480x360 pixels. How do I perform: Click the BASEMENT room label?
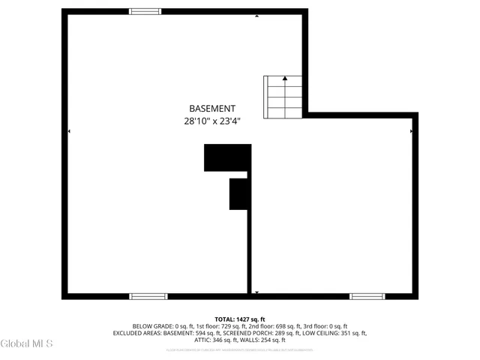(x=212, y=108)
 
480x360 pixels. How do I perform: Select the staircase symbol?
(x=283, y=97)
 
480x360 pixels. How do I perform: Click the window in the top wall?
(x=145, y=11)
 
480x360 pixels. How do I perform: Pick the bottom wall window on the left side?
(x=148, y=296)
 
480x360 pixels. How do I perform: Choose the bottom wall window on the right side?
(x=367, y=296)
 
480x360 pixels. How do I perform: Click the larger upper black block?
(x=226, y=157)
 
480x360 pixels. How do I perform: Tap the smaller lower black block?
(x=238, y=193)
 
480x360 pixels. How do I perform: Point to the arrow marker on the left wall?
(x=69, y=131)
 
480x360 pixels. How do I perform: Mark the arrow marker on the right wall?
(x=411, y=131)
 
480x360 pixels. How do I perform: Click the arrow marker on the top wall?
(x=256, y=15)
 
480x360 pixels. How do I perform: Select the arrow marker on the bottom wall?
(x=256, y=292)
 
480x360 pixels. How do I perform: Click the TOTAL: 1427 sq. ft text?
(x=240, y=319)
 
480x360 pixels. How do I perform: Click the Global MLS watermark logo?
(x=27, y=344)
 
